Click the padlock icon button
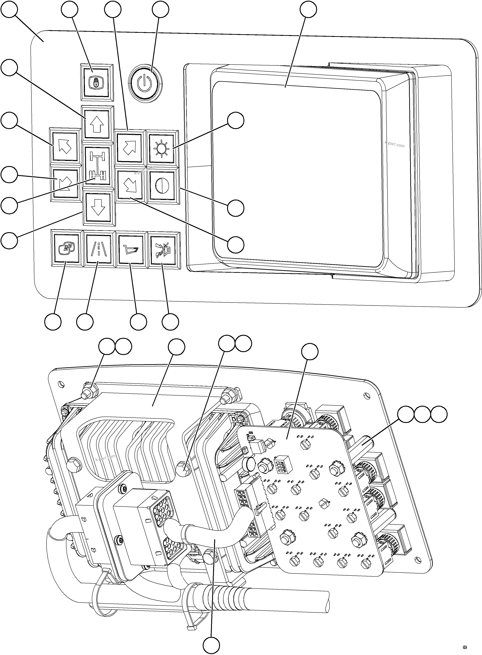click(97, 82)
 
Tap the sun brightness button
click(162, 149)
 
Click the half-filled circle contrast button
click(162, 185)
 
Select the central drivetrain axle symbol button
click(97, 165)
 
